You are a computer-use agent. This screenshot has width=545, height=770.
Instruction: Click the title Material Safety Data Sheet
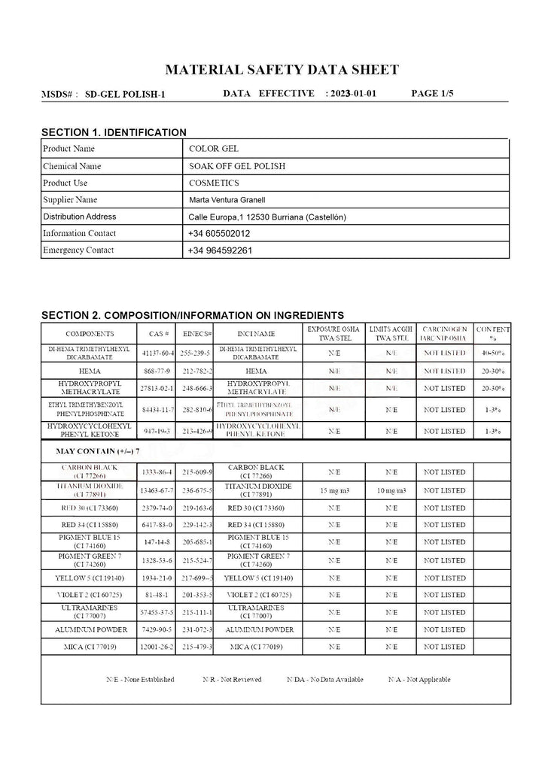coord(282,70)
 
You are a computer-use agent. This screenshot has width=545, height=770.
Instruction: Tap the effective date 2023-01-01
coord(353,94)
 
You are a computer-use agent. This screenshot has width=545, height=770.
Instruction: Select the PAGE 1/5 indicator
coord(433,94)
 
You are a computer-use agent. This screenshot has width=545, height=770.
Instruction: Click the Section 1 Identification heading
coord(114,132)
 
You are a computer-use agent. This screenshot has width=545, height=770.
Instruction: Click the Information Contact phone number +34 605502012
coord(220,234)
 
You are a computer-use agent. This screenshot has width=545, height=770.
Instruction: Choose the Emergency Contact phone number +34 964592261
coord(220,250)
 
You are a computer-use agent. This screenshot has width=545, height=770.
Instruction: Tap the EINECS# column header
coord(198,333)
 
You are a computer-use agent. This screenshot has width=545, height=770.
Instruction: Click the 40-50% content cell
coord(494,353)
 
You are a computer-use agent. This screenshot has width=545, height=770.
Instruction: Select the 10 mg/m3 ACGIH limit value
coord(391,490)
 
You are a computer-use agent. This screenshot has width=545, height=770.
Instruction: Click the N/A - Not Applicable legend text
coord(419,680)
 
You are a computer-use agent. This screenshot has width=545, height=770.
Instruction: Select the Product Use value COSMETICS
coord(214,183)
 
